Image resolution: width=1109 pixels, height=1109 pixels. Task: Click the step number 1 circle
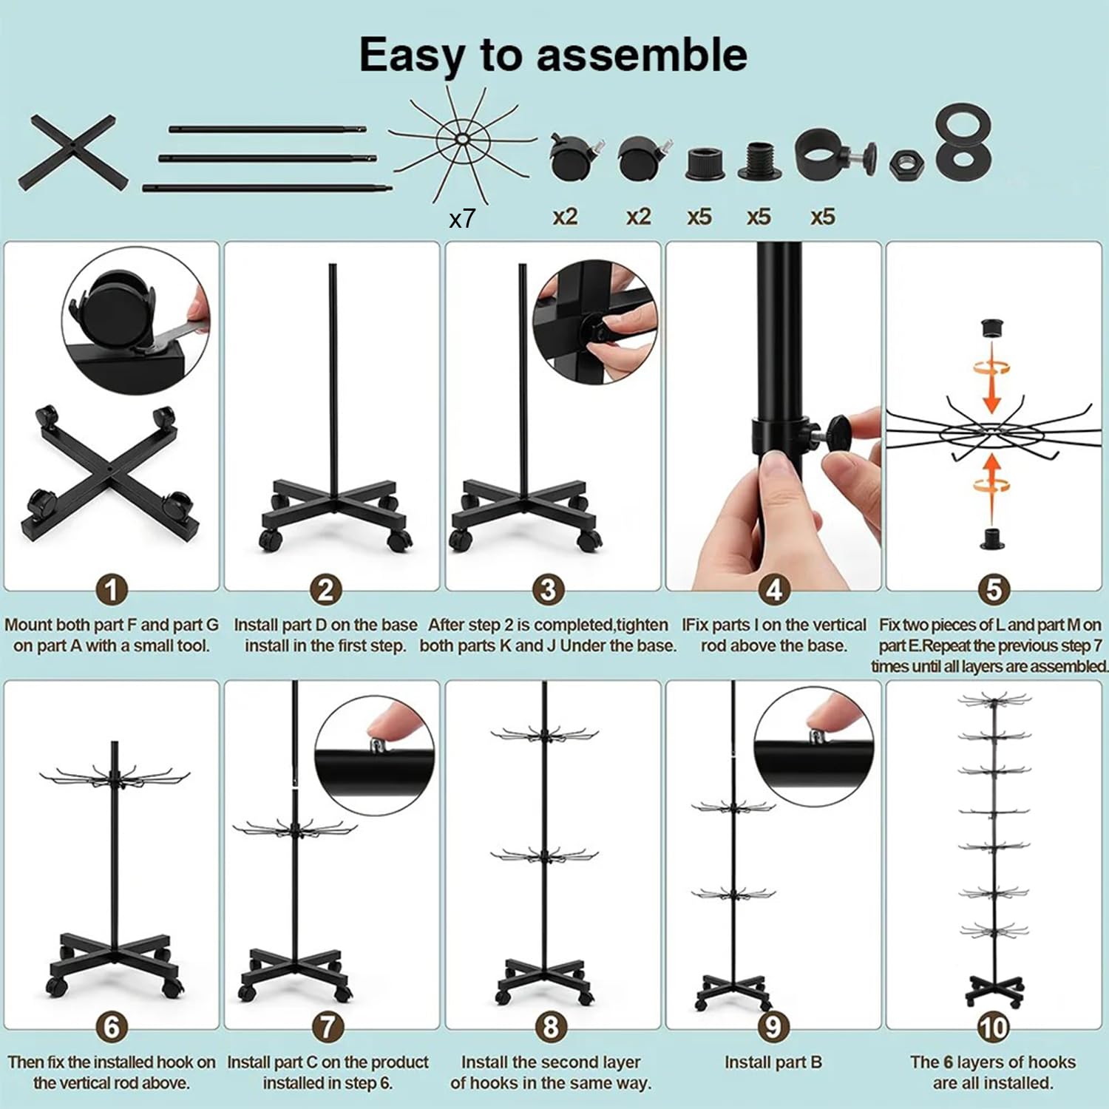112,590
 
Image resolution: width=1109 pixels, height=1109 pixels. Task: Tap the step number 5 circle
994,590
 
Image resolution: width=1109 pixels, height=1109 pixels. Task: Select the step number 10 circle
993,1028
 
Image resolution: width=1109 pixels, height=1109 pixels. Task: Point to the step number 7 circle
328,1028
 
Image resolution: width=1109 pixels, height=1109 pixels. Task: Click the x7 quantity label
462,219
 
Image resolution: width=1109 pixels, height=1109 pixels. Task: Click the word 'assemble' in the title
642,55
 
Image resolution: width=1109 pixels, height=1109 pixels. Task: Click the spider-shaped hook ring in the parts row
462,140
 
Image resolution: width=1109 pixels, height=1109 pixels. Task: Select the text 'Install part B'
773,1062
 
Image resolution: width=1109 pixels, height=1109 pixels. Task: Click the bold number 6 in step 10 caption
948,1062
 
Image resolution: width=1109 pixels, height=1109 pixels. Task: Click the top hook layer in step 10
994,699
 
